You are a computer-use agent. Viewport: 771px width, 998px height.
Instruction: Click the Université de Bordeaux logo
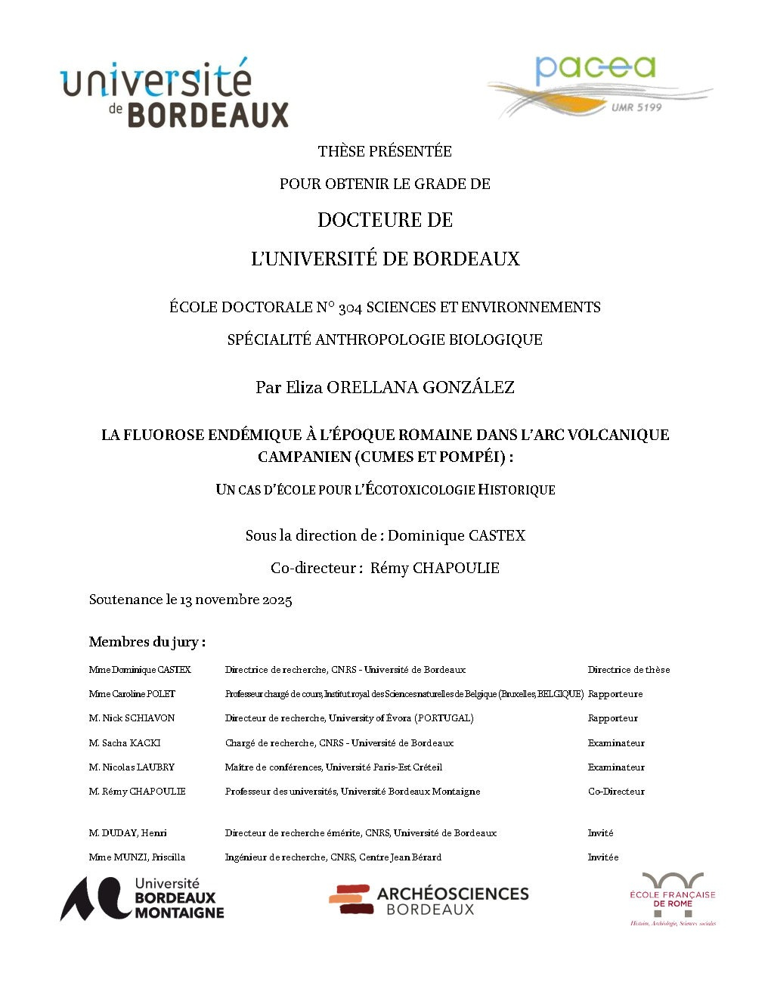(x=175, y=94)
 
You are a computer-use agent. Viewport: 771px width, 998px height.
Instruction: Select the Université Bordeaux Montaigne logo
(x=143, y=898)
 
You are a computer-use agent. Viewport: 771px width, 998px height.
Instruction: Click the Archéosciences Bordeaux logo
(x=429, y=900)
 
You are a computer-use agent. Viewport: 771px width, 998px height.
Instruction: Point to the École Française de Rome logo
(x=672, y=898)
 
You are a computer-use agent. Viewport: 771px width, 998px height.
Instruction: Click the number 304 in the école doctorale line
(x=350, y=308)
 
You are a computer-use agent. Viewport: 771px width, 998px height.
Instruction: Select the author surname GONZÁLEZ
(x=468, y=388)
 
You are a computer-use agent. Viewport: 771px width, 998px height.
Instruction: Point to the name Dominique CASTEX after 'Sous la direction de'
(x=457, y=535)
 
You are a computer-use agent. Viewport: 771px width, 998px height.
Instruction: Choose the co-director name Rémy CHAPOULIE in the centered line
(x=435, y=568)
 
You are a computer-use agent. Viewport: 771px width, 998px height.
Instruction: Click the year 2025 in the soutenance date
(x=277, y=600)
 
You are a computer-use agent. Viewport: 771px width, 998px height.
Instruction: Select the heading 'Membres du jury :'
(x=147, y=642)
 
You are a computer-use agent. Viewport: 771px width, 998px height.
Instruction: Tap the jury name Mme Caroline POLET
(x=132, y=694)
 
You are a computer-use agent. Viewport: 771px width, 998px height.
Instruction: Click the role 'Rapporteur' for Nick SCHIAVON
(x=613, y=718)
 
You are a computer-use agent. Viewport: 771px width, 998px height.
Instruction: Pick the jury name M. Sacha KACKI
(x=125, y=743)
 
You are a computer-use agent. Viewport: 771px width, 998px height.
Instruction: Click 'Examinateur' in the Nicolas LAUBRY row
(x=616, y=767)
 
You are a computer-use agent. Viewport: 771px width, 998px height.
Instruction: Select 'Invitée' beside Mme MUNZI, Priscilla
(x=603, y=857)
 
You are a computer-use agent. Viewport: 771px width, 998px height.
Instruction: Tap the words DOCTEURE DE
(x=385, y=220)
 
